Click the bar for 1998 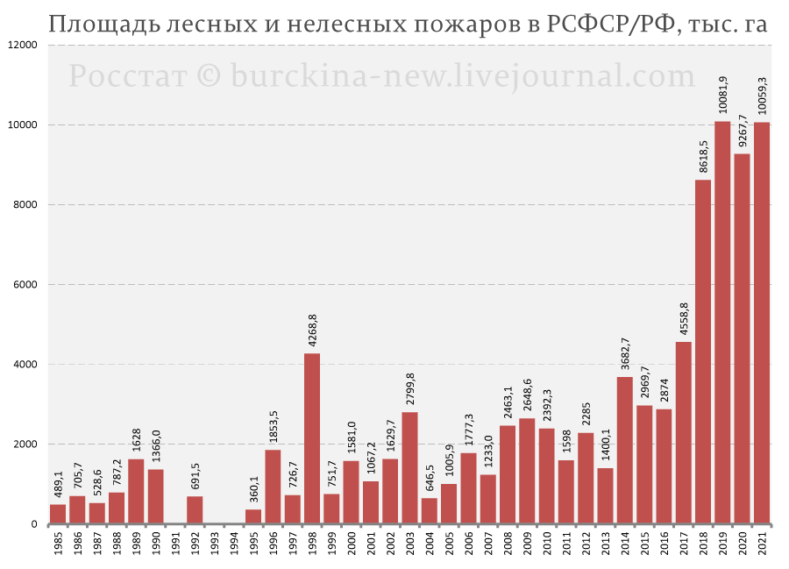[x=312, y=438]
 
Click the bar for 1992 [x=195, y=510]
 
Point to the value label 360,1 [x=253, y=487]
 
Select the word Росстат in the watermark [x=127, y=76]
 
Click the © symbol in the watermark [x=208, y=76]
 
